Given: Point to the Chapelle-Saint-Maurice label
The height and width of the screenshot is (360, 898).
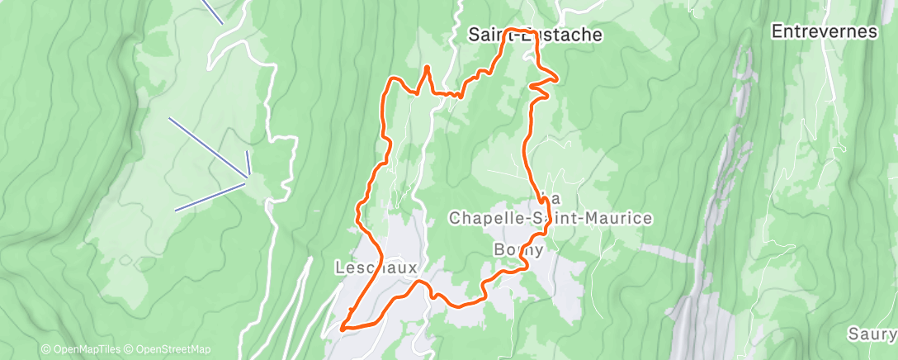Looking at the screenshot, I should click(550, 218).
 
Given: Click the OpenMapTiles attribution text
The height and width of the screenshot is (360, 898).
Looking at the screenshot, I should click(88, 349).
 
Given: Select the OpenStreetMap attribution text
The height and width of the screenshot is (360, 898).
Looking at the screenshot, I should click(173, 349).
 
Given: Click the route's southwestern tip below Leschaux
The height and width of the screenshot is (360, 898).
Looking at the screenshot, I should click(343, 328).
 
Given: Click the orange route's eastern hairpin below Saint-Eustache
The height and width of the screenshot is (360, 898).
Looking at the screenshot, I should click(556, 79).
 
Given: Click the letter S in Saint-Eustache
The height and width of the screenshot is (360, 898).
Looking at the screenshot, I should click(474, 35).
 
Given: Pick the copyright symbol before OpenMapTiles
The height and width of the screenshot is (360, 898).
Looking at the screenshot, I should click(45, 349).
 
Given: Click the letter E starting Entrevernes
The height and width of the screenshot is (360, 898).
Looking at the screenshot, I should click(777, 31).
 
